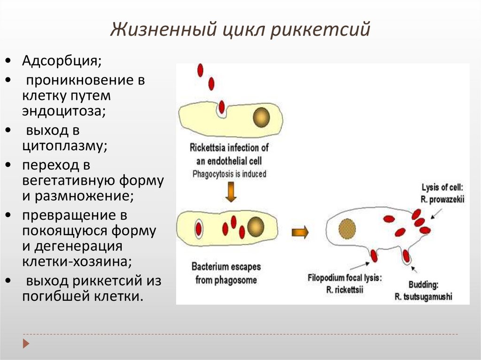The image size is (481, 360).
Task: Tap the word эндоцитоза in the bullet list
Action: [62, 112]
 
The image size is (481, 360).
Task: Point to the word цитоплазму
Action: [64, 146]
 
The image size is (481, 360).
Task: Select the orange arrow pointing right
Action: [300, 232]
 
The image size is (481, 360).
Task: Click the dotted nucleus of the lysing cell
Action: [347, 228]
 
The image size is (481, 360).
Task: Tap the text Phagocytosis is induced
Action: [229, 174]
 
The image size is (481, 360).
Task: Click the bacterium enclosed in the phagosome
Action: [199, 229]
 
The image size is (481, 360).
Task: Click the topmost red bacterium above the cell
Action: [201, 70]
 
